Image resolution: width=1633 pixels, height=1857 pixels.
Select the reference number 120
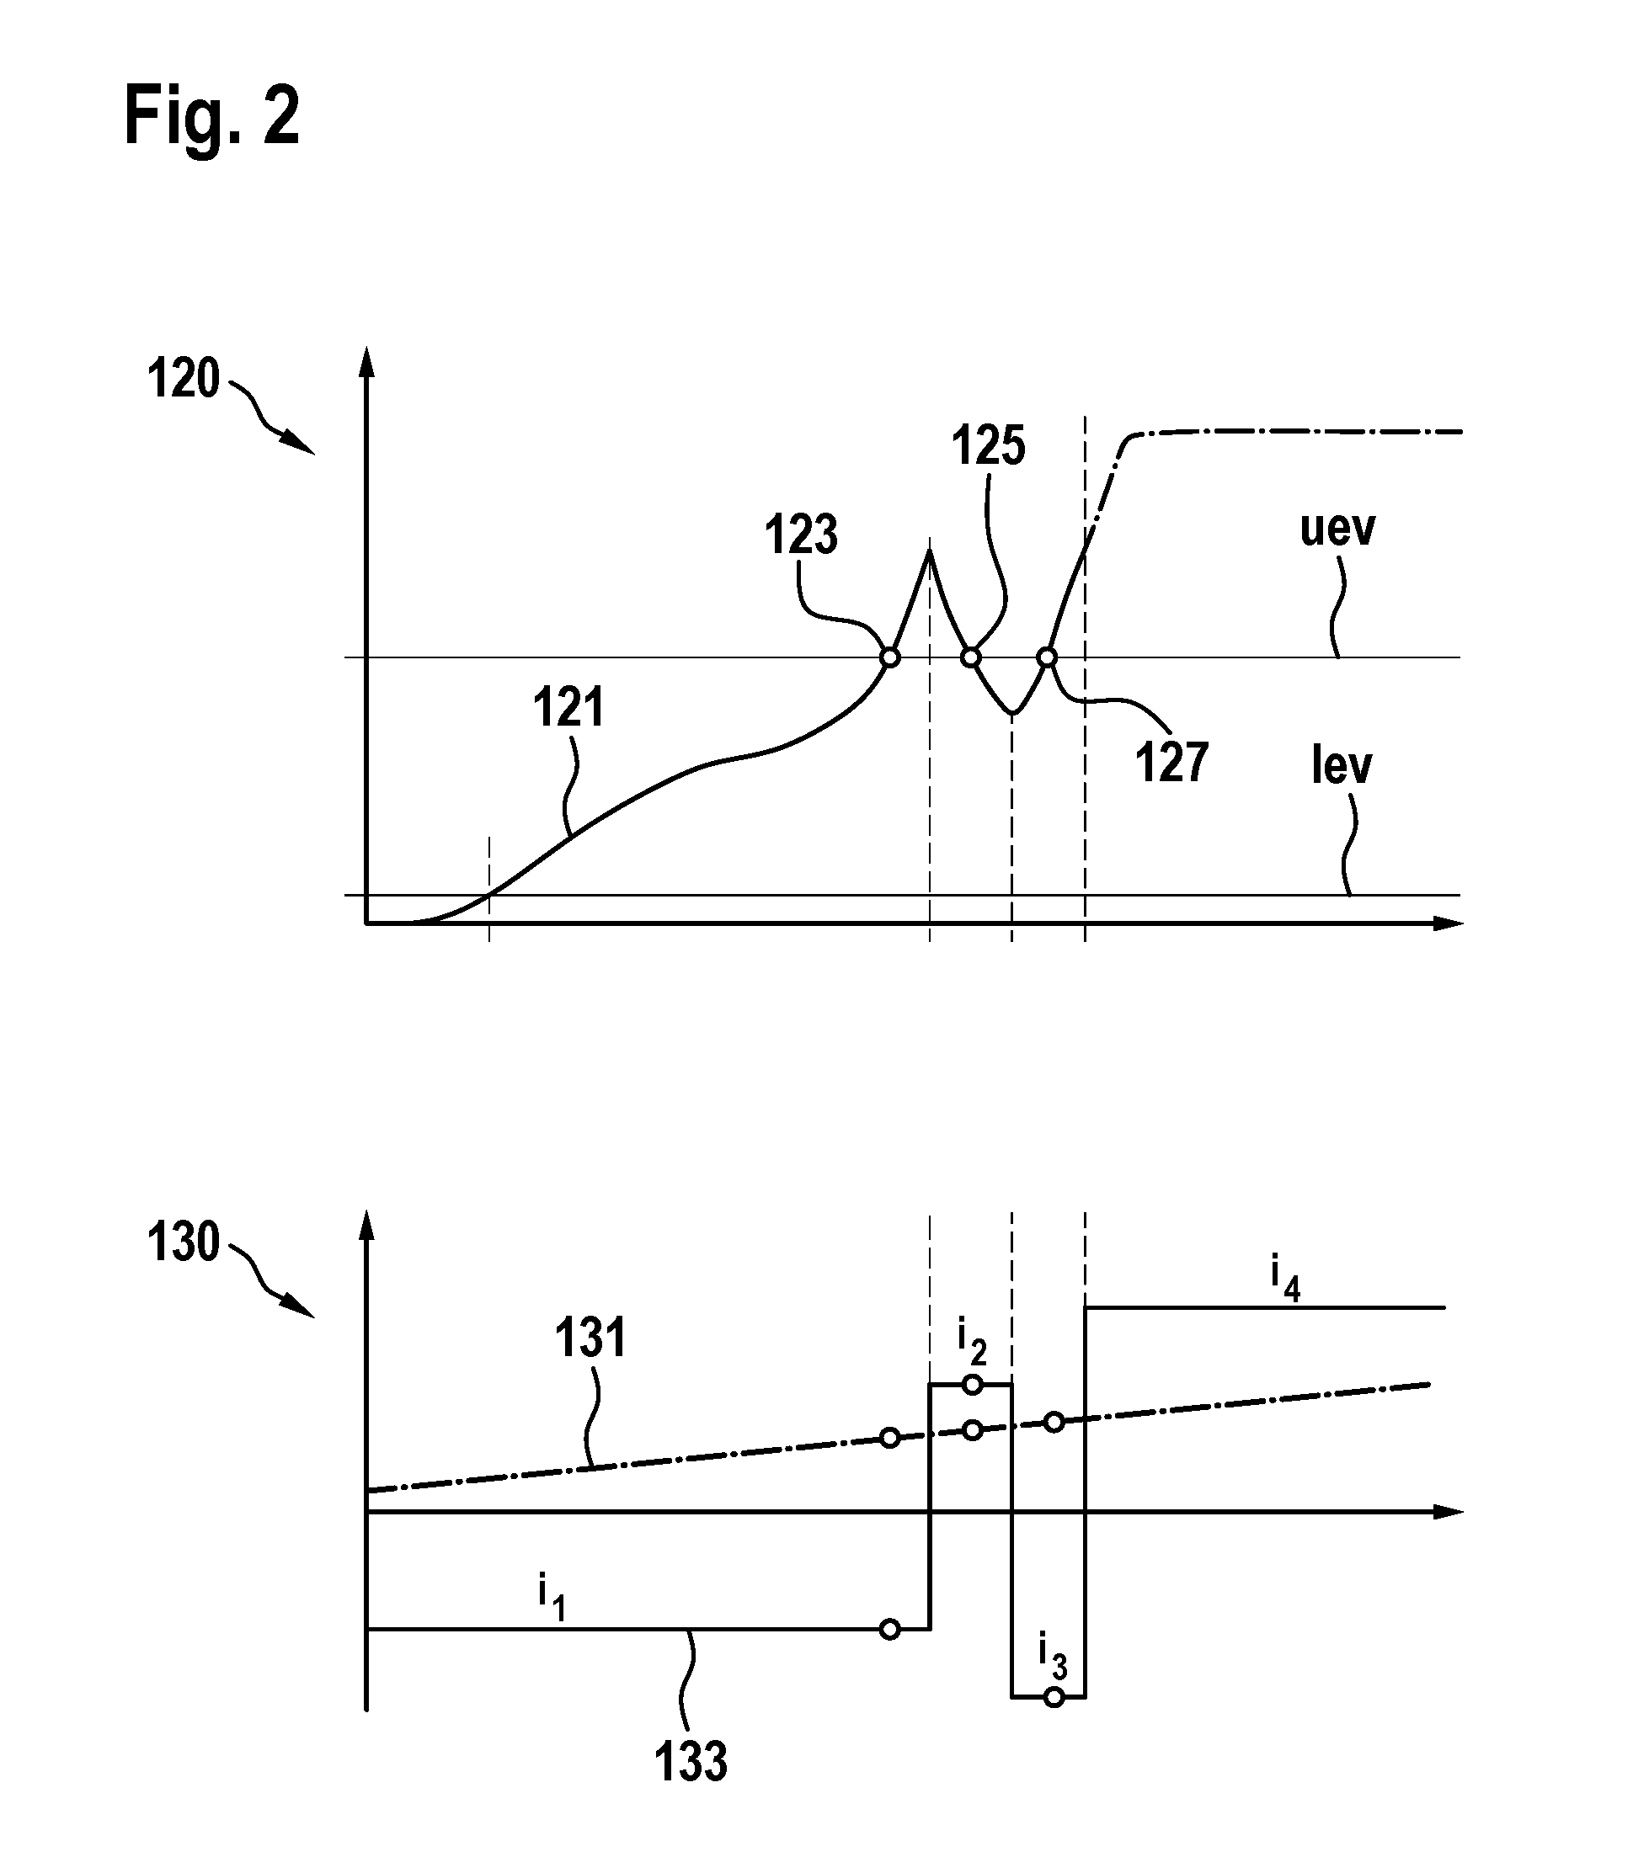184,379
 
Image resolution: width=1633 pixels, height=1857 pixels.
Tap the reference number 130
184,1242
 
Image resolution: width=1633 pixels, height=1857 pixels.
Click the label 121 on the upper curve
568,708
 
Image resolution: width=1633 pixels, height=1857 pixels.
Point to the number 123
801,535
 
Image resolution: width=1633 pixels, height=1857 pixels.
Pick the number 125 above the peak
989,446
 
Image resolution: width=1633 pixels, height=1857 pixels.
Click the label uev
1337,529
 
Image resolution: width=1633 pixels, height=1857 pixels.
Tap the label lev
1342,766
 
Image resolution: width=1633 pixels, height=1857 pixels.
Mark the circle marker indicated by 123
890,657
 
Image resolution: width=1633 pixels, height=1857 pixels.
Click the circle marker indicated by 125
971,657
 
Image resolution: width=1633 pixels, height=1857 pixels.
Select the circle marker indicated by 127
1047,657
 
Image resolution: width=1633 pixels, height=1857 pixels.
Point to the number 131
590,1339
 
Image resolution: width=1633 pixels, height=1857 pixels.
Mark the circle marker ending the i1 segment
890,1630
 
